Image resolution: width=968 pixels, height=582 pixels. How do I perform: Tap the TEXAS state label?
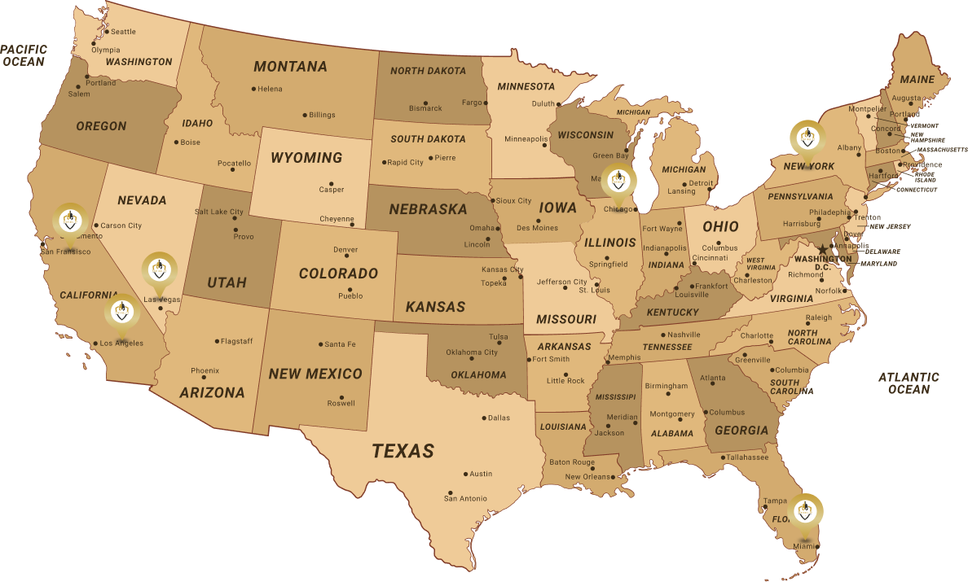click(403, 450)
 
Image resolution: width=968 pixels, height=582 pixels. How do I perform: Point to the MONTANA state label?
click(290, 67)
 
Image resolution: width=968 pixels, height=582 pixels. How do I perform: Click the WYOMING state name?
click(306, 157)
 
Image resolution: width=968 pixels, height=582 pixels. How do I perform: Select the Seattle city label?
click(123, 32)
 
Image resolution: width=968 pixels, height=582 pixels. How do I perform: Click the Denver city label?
click(345, 250)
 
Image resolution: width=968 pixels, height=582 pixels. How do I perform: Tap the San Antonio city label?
click(465, 498)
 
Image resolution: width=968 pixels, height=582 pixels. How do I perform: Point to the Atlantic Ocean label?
click(909, 383)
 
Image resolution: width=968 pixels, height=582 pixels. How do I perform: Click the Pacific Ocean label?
click(24, 55)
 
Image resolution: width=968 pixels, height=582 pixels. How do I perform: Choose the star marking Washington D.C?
click(822, 249)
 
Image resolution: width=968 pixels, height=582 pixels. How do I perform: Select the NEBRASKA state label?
click(428, 209)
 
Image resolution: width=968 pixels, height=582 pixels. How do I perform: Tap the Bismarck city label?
click(425, 108)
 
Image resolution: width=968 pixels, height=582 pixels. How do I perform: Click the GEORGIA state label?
click(741, 431)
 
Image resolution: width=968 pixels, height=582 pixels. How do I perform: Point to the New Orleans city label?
click(587, 477)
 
